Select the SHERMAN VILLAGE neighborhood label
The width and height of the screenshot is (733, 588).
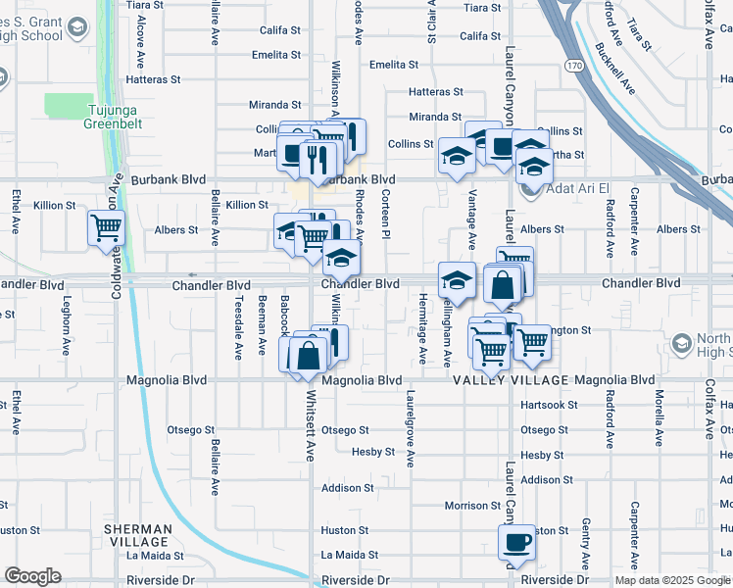pos(138,536)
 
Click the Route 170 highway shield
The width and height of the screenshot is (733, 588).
pos(573,66)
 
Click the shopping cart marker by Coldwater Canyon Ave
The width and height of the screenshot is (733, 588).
pos(106,227)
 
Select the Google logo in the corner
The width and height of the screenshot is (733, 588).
pos(32,576)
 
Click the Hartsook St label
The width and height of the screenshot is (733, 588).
pos(548,405)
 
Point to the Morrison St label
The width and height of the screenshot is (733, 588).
pos(472,506)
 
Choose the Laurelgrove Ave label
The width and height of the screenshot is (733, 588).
pos(409,429)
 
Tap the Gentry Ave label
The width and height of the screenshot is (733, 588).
pos(585,540)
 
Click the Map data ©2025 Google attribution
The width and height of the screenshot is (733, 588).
pos(671,580)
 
